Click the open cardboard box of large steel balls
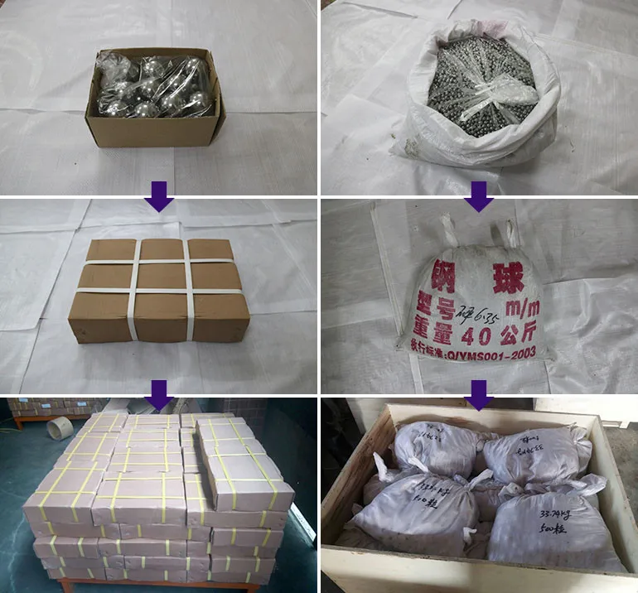[155, 99]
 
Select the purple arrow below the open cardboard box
[158, 197]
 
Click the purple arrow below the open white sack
[478, 197]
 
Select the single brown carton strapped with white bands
[159, 290]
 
